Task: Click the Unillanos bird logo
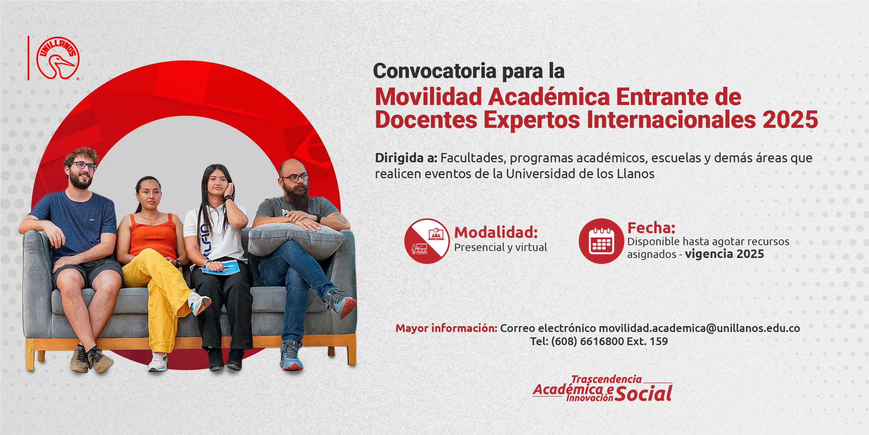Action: [58, 58]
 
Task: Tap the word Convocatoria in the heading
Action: [434, 71]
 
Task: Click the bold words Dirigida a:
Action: [406, 158]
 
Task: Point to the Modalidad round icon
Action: [427, 241]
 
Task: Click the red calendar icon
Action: [601, 241]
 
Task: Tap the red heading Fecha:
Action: [651, 228]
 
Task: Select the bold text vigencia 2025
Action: [724, 254]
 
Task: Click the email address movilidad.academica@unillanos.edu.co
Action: [699, 328]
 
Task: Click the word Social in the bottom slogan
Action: [643, 394]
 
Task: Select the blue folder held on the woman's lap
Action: [221, 267]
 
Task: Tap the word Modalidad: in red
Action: [496, 232]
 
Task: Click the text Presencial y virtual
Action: [500, 247]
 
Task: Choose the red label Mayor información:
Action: [446, 328]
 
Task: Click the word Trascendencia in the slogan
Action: [606, 379]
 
